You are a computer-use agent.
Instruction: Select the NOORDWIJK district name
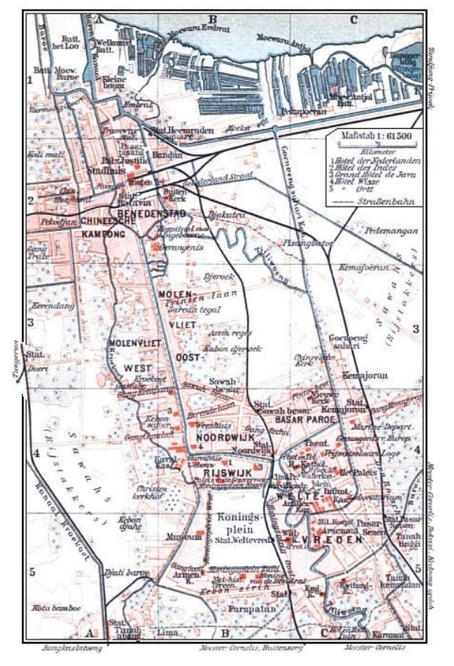tap(219, 437)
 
